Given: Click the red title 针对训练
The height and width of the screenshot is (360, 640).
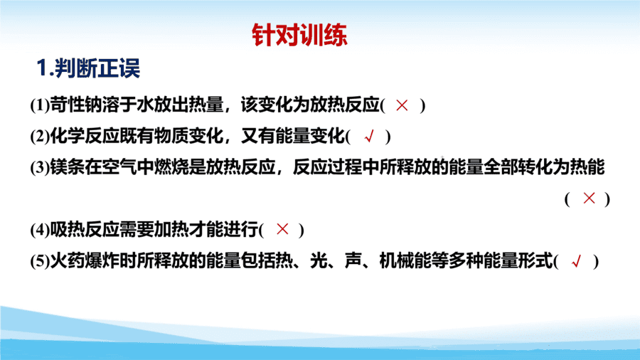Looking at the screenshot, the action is (299, 35).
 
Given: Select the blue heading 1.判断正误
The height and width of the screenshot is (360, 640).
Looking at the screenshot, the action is (88, 68).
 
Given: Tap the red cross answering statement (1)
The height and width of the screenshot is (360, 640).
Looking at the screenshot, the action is (402, 105).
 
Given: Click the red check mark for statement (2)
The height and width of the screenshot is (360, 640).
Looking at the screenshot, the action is (369, 137).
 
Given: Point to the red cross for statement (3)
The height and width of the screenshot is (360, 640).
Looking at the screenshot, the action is (589, 198).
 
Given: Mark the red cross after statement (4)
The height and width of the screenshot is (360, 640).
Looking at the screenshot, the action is (282, 229).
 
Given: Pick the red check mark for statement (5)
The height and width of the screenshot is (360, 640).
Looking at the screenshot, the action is (576, 261).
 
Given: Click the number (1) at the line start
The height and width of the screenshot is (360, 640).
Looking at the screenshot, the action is (40, 105).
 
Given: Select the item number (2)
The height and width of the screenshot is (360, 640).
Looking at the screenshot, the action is (40, 137).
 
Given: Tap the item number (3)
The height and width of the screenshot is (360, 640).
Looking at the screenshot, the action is (40, 167).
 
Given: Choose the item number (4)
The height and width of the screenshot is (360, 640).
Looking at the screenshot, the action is (40, 230).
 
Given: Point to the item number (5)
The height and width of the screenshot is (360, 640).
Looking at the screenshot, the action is (40, 261).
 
